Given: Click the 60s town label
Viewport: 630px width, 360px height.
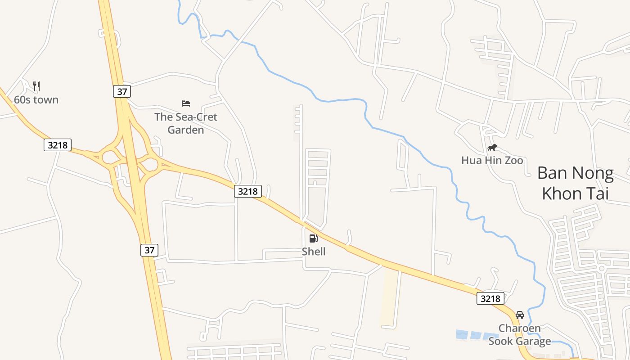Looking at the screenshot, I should point(36,99).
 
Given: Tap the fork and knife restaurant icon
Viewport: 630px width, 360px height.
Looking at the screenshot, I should point(37,85).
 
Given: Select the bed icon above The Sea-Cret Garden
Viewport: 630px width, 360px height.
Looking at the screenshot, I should point(186,103).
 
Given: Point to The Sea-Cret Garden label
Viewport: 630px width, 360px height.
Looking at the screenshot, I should point(186,123).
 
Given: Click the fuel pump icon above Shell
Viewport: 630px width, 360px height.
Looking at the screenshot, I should point(314,238).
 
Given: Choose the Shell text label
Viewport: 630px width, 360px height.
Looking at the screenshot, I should point(314,252).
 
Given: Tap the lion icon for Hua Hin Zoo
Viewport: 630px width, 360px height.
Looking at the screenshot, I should point(492,148).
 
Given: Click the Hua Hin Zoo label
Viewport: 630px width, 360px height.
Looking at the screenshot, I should point(492,160).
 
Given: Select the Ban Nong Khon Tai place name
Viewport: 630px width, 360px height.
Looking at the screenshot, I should point(575,183).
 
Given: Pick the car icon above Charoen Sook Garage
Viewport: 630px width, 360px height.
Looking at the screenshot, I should point(520,315).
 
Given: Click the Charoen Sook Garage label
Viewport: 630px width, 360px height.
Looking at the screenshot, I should point(520,335).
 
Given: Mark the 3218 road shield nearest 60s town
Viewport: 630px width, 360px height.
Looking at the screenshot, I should point(58,145).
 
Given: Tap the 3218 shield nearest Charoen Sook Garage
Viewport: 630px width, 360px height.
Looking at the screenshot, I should point(490,298).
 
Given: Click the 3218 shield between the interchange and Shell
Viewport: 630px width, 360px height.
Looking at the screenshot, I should point(248,191).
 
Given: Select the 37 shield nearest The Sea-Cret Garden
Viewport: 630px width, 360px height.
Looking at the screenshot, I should point(122,91).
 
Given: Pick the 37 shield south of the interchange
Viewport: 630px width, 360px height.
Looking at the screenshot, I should point(149,250).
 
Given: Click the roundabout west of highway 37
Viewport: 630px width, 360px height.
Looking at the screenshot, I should point(110,157).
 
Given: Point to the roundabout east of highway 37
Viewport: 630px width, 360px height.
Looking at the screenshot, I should point(149,164).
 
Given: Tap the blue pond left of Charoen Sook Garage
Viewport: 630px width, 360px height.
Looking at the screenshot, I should point(472,335).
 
